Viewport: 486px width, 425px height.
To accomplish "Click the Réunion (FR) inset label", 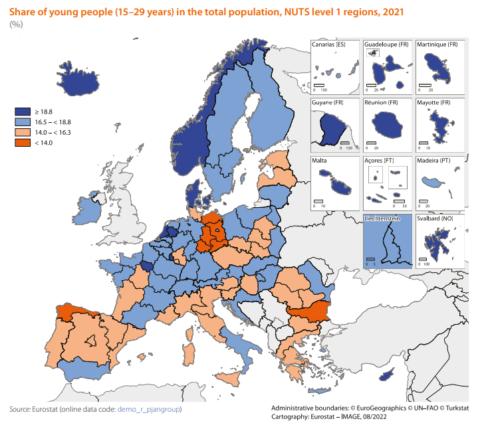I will tap(381, 103).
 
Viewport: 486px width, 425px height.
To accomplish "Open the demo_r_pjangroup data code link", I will tap(149, 410).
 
